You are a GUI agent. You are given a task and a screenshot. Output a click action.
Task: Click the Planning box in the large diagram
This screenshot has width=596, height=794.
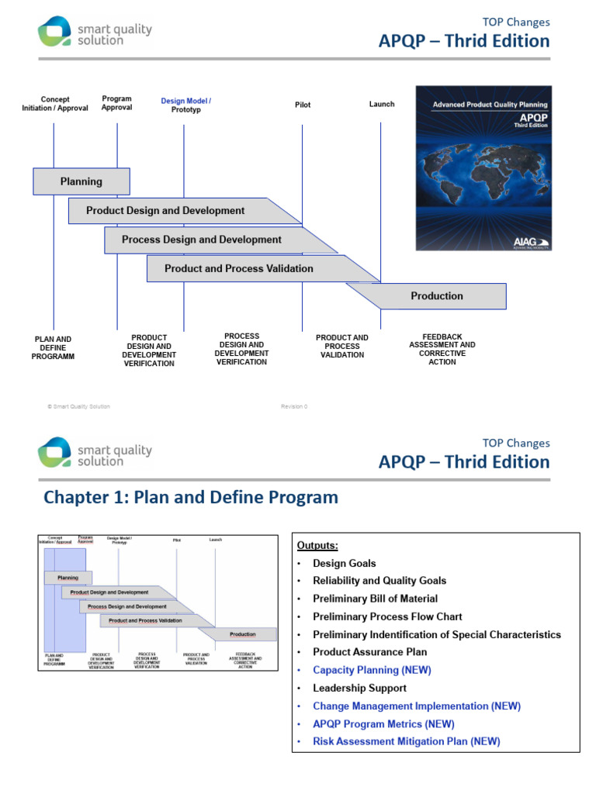tap(81, 181)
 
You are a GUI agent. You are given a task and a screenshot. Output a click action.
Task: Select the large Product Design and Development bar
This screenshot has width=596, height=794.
tap(165, 210)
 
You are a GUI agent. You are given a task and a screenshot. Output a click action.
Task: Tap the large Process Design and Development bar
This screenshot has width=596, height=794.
tap(202, 240)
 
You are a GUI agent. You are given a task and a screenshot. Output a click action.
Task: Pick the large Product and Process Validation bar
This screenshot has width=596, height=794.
tap(239, 268)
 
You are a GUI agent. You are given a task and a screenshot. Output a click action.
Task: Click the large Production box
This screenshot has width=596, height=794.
tap(437, 295)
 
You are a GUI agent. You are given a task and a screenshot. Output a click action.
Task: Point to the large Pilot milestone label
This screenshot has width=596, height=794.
tap(303, 105)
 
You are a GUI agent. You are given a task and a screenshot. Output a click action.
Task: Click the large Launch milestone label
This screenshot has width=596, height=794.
tap(382, 104)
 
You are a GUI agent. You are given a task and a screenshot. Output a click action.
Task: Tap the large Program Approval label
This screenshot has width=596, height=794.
tap(117, 103)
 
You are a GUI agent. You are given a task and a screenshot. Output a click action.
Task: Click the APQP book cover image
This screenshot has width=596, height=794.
tap(483, 167)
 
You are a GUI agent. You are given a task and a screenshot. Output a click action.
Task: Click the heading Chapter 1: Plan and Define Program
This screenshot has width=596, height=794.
tap(191, 497)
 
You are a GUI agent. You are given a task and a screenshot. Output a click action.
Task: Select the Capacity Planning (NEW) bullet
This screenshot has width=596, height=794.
tap(372, 670)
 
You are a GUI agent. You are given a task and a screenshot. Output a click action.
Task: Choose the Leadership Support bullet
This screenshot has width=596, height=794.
tap(359, 688)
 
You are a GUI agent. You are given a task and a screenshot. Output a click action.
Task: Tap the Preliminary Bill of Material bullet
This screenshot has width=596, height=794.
tap(375, 599)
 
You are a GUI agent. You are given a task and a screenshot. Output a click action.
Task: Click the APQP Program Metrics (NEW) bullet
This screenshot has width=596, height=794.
tap(383, 723)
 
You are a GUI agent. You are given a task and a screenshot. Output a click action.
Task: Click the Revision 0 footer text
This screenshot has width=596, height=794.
tap(294, 406)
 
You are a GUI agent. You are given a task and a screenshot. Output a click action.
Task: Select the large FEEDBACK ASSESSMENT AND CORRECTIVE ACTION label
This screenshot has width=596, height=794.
tap(442, 350)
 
